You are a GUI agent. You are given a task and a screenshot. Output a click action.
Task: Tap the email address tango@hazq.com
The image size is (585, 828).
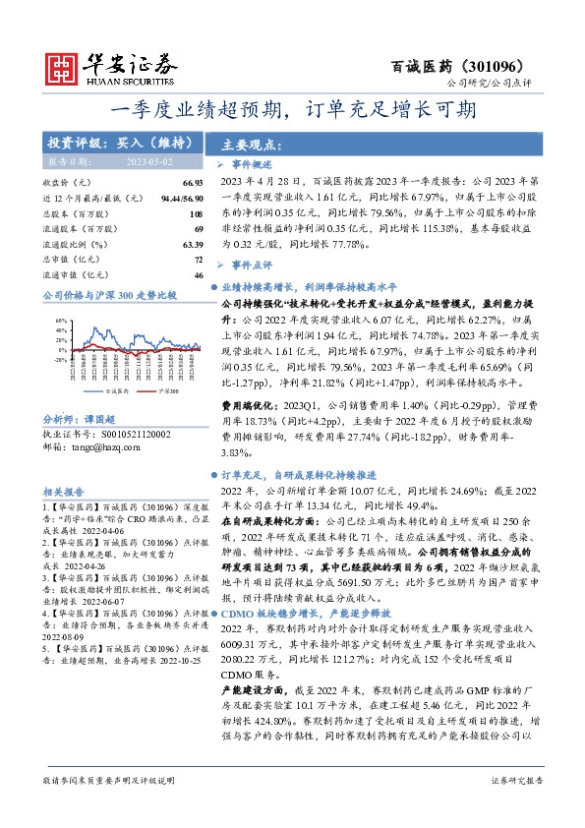(104, 446)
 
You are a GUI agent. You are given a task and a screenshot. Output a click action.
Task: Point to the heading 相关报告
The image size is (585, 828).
(64, 491)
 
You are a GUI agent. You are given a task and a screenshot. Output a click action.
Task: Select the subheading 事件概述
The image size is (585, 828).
(250, 164)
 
